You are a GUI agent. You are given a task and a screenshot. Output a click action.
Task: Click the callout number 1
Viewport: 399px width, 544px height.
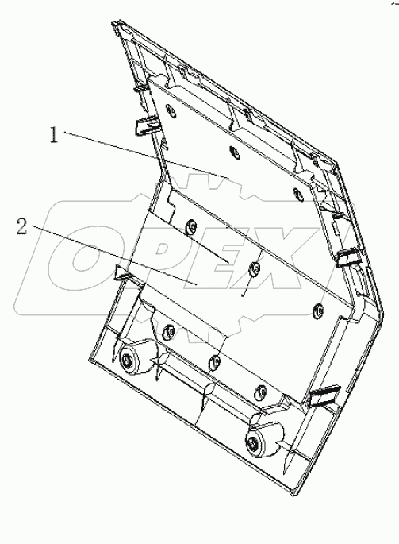54,136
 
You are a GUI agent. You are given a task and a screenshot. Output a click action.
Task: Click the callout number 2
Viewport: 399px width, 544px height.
22,228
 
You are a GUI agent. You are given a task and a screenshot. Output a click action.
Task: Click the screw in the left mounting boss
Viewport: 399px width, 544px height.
129,363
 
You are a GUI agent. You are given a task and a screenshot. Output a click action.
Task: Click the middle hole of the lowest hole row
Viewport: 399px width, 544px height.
214,361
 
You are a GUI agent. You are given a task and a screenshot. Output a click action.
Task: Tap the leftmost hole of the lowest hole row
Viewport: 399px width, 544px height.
167,328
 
